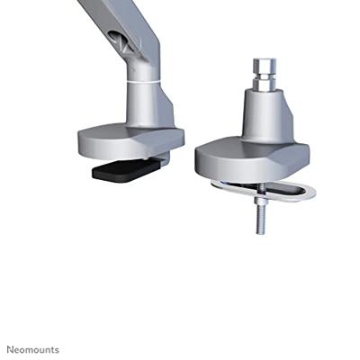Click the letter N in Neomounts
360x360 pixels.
10,347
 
